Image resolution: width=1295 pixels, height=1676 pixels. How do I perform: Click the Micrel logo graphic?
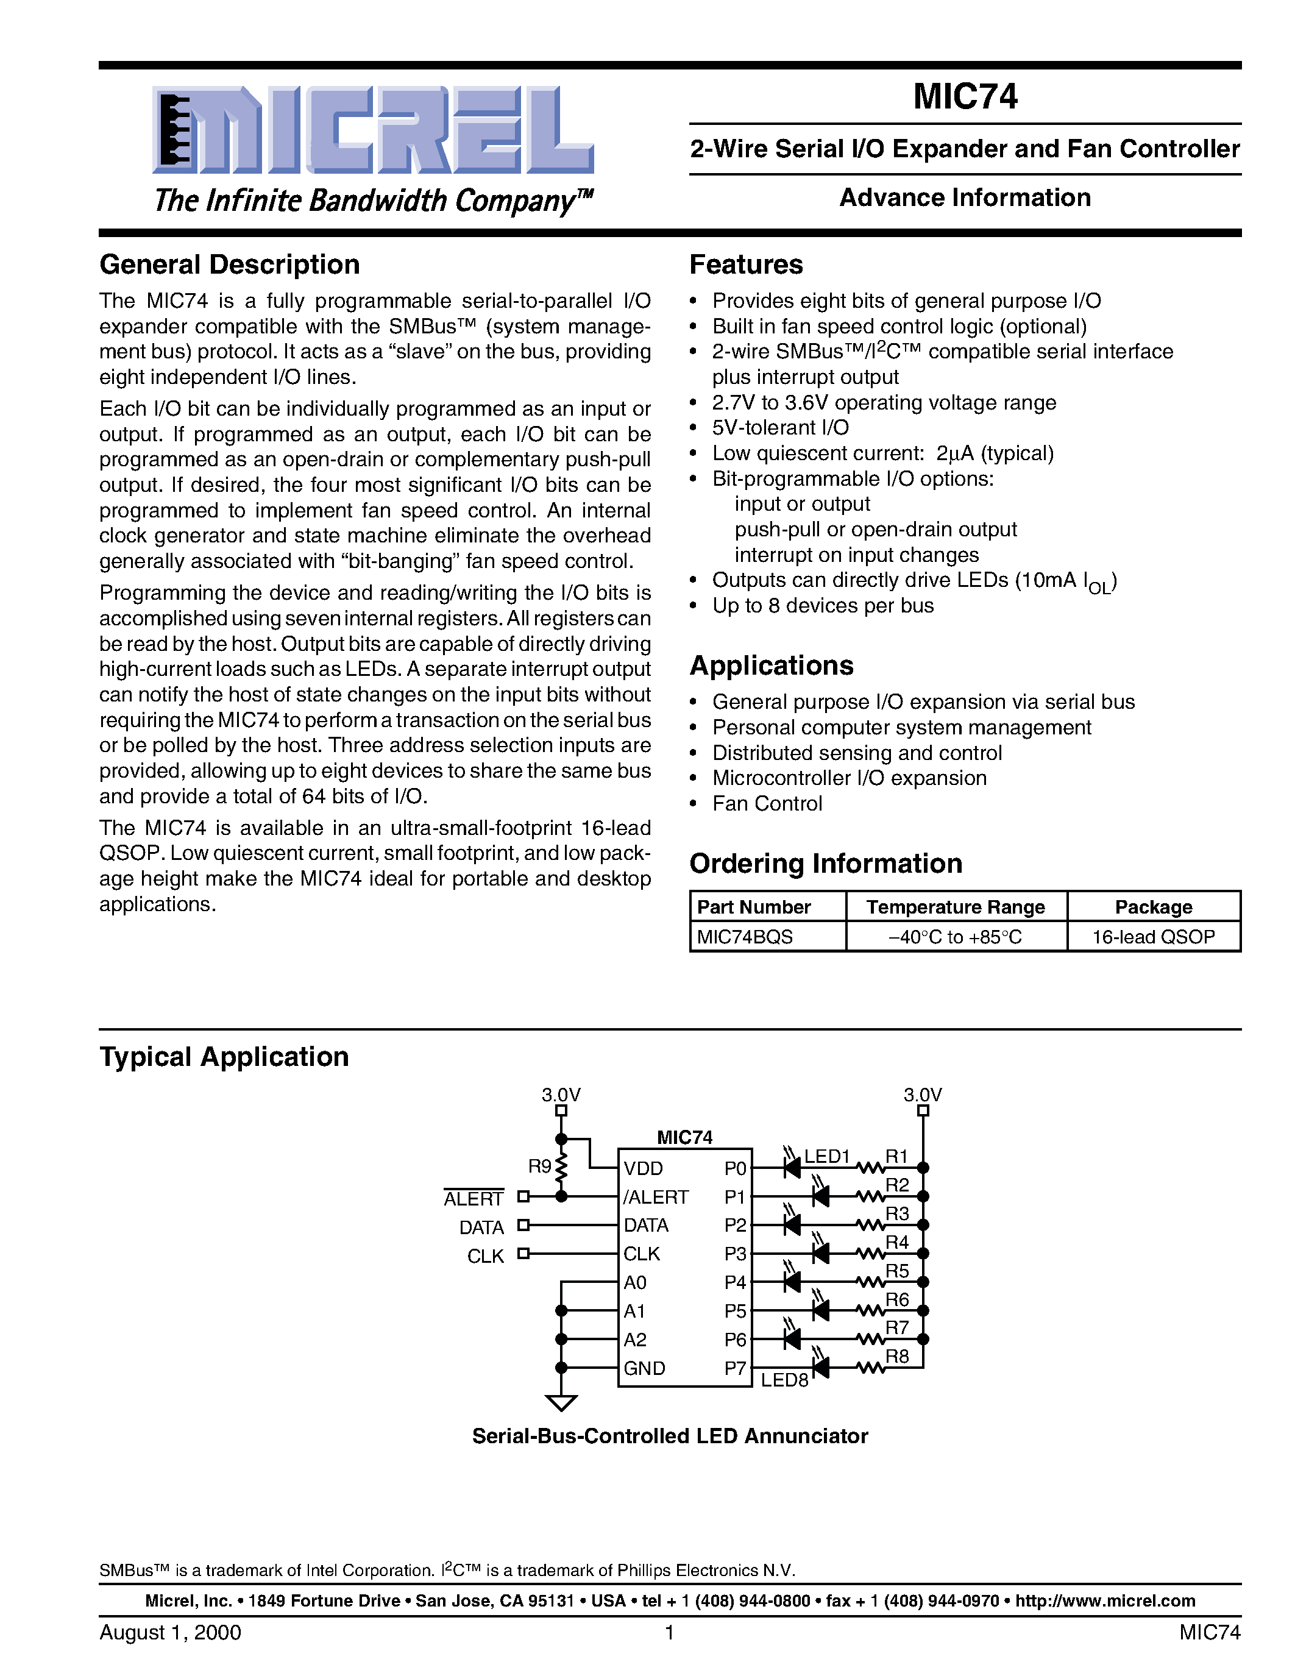pos(374,130)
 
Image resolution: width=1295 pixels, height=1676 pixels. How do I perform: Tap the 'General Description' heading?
pos(229,265)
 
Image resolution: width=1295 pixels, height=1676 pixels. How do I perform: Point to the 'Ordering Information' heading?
pos(826,864)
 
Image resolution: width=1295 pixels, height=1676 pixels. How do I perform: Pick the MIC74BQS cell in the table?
pos(745,937)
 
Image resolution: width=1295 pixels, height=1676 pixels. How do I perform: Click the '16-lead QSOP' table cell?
pos(1153,937)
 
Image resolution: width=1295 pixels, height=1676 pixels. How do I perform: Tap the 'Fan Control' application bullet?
pos(767,803)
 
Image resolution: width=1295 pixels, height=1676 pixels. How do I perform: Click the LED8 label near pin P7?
pos(784,1380)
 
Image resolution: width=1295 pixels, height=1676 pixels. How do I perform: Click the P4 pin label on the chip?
pos(734,1282)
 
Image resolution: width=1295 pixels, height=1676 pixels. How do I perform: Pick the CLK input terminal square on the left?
pos(523,1253)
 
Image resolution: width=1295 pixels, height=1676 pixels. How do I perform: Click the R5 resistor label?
pos(897,1271)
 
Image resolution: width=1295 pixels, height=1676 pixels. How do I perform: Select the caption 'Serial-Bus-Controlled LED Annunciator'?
pos(670,1436)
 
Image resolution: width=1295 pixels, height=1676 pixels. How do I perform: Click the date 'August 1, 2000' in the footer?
pos(170,1632)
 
